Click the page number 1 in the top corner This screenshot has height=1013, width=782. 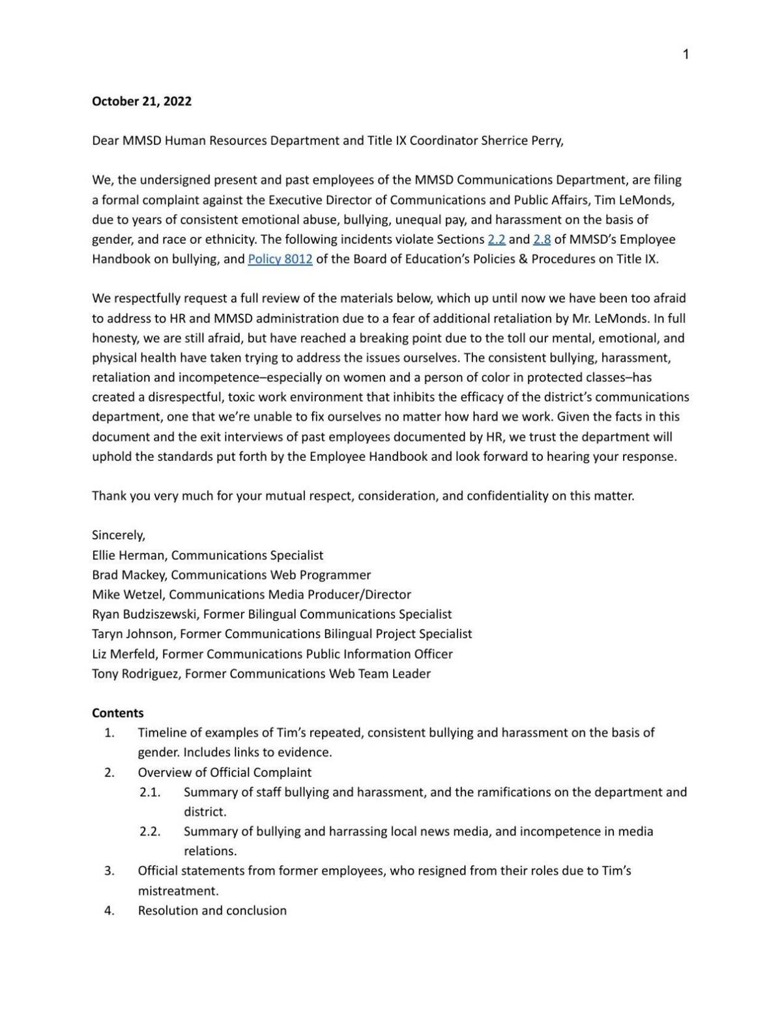pos(686,55)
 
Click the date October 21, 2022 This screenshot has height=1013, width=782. pos(141,101)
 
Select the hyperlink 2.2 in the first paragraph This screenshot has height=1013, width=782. pos(496,239)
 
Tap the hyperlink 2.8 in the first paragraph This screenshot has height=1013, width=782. pos(542,239)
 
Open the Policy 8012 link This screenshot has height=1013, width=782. pos(280,259)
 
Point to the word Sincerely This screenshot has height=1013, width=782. pos(119,535)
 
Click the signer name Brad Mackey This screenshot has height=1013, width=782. pos(128,575)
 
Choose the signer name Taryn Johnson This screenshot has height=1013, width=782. pos(133,634)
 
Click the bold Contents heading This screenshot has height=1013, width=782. pos(118,713)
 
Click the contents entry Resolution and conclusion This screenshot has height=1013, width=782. pos(212,911)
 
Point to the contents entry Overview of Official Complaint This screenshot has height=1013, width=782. pos(224,772)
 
